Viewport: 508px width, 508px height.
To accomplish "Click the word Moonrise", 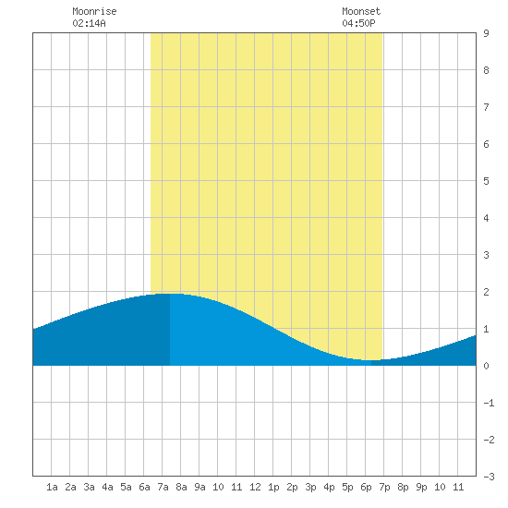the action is coord(94,11).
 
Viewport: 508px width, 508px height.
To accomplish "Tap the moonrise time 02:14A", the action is coord(89,23).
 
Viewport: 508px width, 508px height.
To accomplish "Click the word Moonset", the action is coord(361,11).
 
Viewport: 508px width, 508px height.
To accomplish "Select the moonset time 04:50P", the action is coord(358,23).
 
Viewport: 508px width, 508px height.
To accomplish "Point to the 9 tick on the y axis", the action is coord(486,33).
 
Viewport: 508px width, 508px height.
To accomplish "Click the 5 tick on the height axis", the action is coord(486,181).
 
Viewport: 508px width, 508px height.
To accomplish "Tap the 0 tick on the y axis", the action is coord(486,366).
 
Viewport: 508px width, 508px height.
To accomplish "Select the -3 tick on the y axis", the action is coord(489,477).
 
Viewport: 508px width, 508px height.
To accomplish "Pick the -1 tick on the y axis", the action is coord(489,403).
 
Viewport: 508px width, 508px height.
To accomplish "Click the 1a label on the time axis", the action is coord(52,487).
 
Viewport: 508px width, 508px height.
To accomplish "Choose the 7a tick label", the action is coord(163,487).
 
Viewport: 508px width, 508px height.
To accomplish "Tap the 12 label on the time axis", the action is coord(255,487).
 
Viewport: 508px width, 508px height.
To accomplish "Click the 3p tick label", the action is coord(310,487).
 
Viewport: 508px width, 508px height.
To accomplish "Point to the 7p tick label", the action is coord(384,487).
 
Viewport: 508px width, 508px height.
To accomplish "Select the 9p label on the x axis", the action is coord(421,487).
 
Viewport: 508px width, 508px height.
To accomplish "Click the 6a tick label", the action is coord(144,487).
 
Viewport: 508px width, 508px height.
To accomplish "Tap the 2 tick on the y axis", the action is coord(486,292).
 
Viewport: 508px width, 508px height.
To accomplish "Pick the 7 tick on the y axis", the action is coord(486,107).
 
